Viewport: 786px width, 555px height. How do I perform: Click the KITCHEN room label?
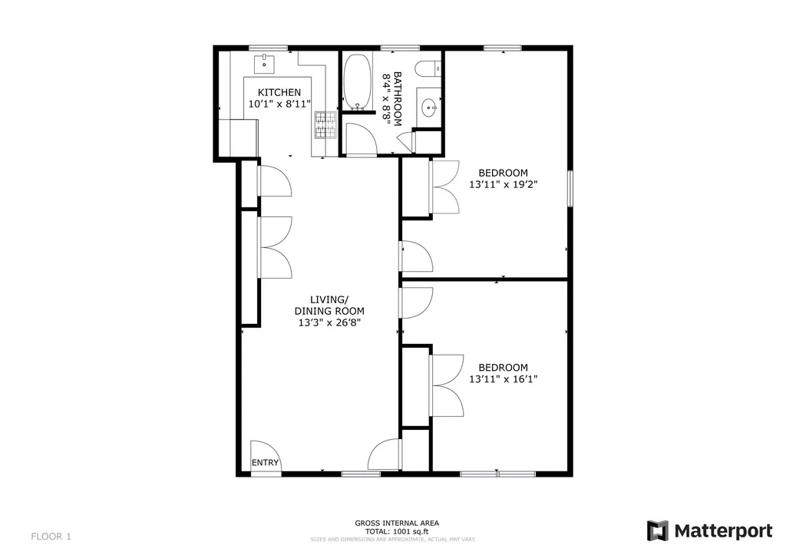[x=274, y=92]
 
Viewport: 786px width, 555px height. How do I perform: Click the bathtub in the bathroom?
[x=355, y=81]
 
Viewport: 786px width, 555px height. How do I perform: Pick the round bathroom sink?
[x=429, y=108]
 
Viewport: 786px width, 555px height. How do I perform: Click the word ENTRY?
[x=266, y=463]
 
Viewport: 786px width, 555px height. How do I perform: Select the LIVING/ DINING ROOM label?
[x=329, y=305]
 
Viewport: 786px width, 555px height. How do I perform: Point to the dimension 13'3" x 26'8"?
[x=329, y=323]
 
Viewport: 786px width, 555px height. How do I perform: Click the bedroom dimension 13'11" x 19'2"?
[x=503, y=184]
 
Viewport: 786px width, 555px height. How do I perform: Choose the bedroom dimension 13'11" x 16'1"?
[x=503, y=379]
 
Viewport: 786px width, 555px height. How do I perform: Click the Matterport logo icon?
[x=657, y=530]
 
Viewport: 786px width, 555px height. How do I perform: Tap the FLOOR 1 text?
[x=51, y=535]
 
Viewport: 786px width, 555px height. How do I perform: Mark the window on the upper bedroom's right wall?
[x=570, y=187]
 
